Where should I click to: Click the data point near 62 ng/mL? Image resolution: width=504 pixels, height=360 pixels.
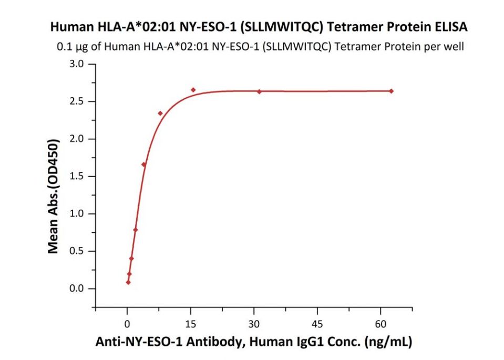tap(391, 91)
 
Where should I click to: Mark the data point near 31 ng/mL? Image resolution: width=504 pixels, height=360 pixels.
tap(259, 91)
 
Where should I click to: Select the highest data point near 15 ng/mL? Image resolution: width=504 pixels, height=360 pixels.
tap(193, 90)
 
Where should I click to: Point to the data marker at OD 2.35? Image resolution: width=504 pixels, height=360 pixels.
tap(160, 113)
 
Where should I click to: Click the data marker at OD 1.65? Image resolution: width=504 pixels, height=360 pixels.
tap(143, 164)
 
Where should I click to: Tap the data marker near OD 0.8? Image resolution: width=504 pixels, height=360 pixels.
tap(135, 230)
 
